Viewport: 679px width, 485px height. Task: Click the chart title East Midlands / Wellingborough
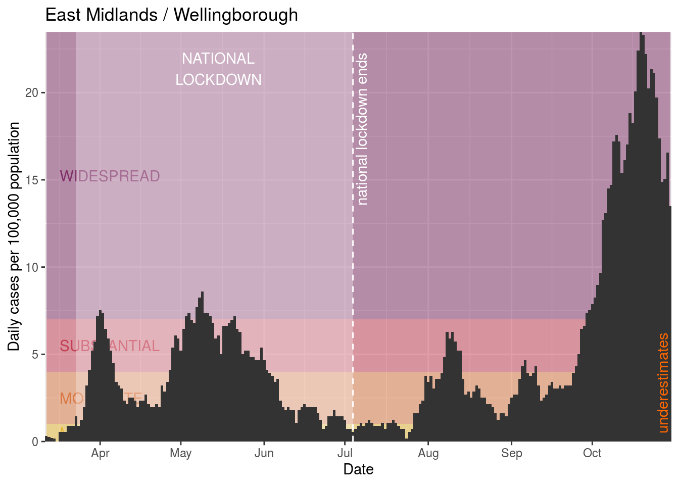(x=171, y=15)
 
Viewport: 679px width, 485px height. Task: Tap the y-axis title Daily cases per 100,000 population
(x=14, y=236)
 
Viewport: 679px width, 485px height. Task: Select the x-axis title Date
(x=358, y=469)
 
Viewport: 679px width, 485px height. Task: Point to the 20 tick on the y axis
(x=32, y=93)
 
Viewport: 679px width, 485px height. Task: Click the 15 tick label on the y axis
(x=32, y=180)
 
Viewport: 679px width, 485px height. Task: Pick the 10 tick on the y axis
(x=32, y=267)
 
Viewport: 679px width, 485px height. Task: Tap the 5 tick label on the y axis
(x=35, y=355)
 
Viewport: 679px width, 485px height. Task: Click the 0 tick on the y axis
(x=35, y=442)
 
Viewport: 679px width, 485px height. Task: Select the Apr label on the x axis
(x=100, y=453)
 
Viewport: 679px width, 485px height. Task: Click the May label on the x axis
(x=180, y=453)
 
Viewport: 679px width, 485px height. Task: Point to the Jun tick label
(x=264, y=453)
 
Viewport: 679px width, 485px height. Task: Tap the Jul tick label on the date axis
(x=345, y=453)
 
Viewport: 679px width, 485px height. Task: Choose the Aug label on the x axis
(x=428, y=453)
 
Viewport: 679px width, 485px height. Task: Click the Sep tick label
(x=511, y=453)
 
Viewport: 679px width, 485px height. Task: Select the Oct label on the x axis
(x=592, y=453)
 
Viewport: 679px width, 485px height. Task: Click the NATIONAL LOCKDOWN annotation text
(x=218, y=69)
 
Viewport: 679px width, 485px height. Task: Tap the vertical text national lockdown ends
(x=362, y=129)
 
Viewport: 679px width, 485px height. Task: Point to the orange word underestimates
(x=663, y=383)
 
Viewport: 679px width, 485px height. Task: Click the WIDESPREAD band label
(x=110, y=176)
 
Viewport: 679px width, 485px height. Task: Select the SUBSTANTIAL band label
(x=110, y=346)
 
